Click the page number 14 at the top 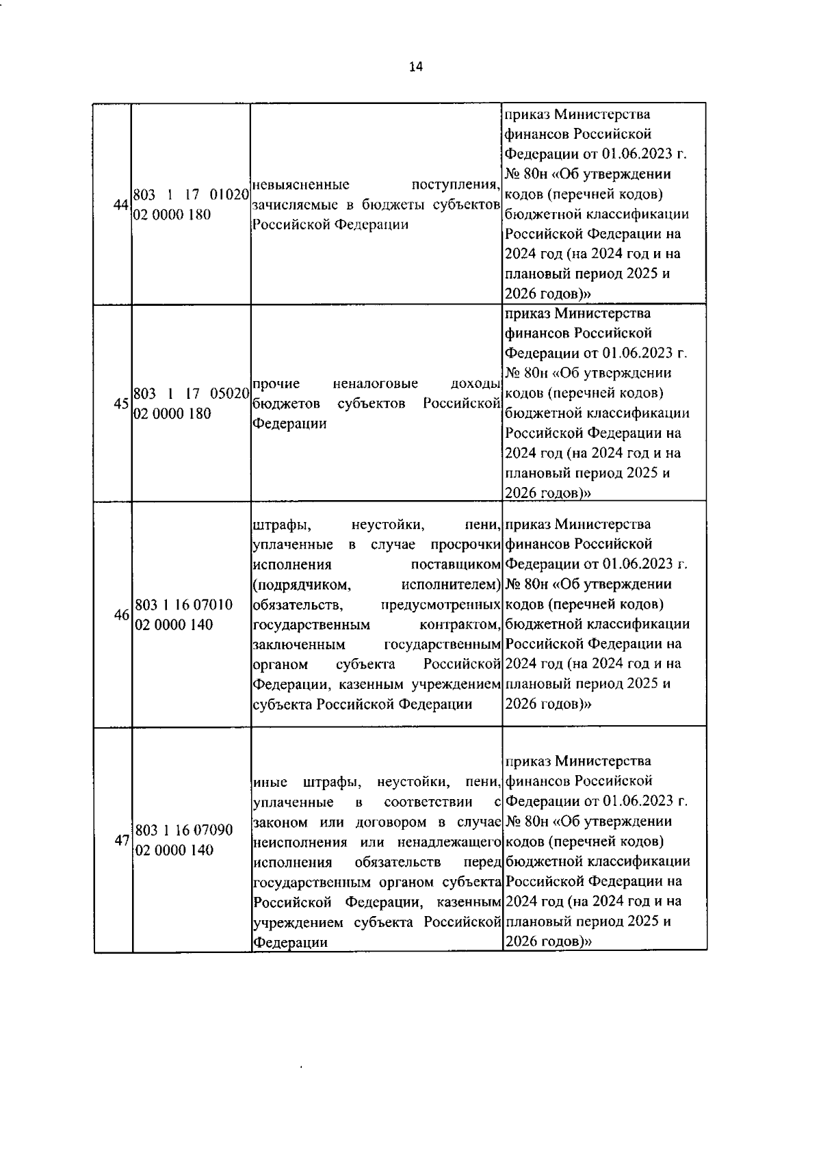coord(415,66)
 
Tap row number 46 coord(122,614)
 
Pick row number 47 coord(122,840)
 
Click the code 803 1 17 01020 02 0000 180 coord(190,204)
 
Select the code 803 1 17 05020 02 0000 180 coord(190,404)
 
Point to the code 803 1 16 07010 coord(184,605)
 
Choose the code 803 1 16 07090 coord(184,830)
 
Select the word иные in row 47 coord(270,782)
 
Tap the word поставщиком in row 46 coord(456,565)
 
